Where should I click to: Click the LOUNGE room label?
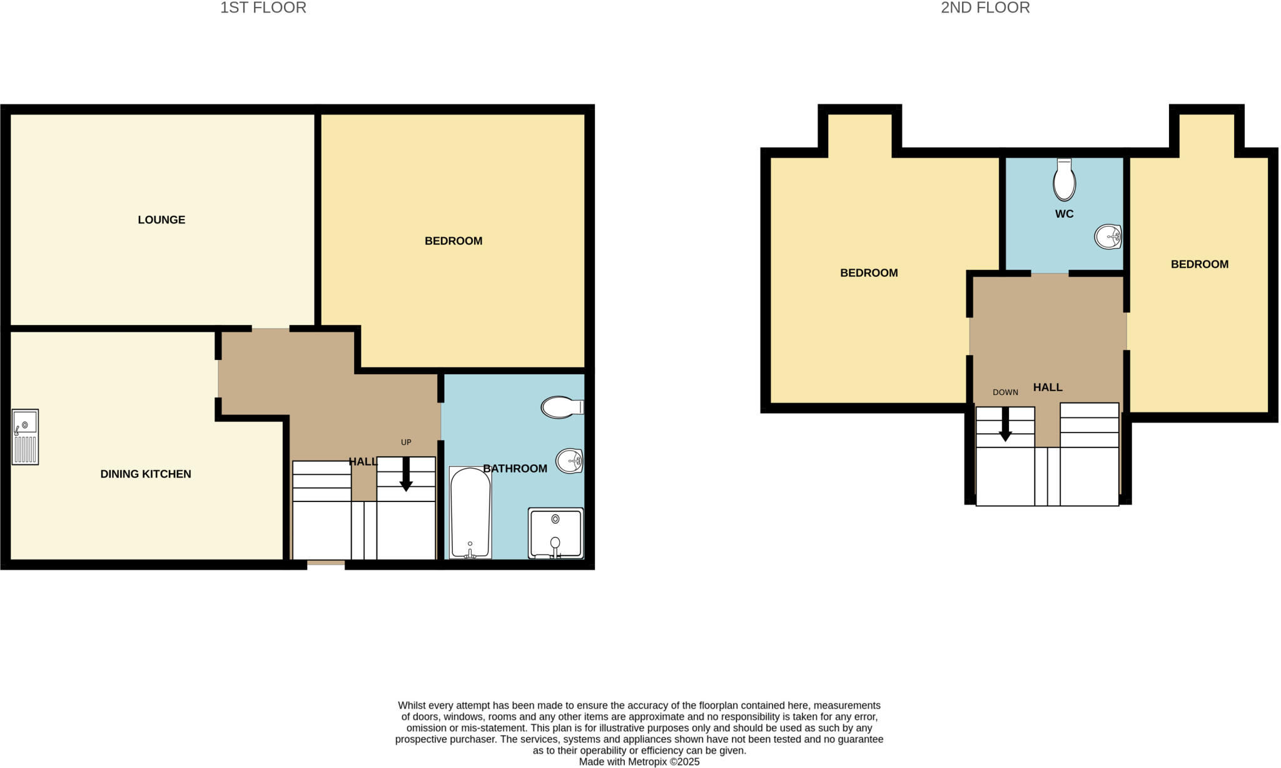pos(161,220)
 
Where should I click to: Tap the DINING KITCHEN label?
pos(146,474)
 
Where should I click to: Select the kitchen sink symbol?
pos(25,437)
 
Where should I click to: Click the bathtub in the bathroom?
pos(470,512)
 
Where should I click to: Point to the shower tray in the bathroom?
pos(555,533)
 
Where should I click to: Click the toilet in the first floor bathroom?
pos(561,407)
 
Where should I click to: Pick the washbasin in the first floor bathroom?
pos(569,461)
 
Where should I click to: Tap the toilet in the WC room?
pos(1064,180)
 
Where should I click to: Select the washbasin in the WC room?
pos(1108,237)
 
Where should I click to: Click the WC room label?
pos(1064,214)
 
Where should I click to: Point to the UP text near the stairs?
pos(406,443)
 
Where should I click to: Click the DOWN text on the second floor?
pos(1005,392)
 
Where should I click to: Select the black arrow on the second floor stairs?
pos(1005,425)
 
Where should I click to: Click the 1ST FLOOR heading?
pos(263,8)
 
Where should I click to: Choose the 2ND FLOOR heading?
pos(985,8)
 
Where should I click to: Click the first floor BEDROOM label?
pos(453,241)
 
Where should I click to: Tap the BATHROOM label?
pos(515,468)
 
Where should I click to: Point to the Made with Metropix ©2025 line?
pos(639,762)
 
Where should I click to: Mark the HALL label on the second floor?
pos(1048,387)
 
